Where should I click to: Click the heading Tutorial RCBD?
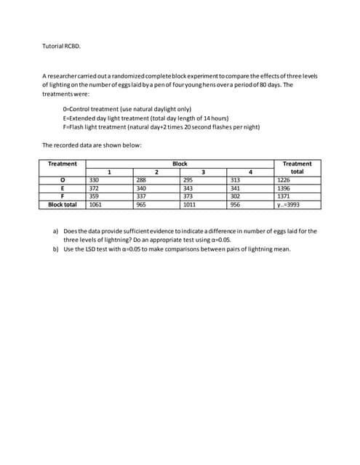pyautogui.click(x=62, y=46)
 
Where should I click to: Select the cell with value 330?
pyautogui.click(x=94, y=179)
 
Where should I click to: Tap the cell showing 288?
pyautogui.click(x=141, y=179)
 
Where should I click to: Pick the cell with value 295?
pyautogui.click(x=188, y=179)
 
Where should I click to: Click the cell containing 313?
pyautogui.click(x=235, y=179)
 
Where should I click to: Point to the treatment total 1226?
pyautogui.click(x=284, y=179)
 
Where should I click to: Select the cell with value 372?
pyautogui.click(x=94, y=187)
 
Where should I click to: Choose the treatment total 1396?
pyautogui.click(x=284, y=187)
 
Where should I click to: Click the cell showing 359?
pyautogui.click(x=94, y=195)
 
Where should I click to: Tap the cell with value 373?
pyautogui.click(x=188, y=195)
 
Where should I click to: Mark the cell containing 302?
pyautogui.click(x=235, y=195)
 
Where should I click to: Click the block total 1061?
pyautogui.click(x=95, y=204)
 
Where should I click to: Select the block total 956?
pyautogui.click(x=235, y=204)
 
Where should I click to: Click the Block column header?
pyautogui.click(x=180, y=163)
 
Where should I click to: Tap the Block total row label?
pyautogui.click(x=62, y=204)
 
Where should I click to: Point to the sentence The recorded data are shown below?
pyautogui.click(x=92, y=145)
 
